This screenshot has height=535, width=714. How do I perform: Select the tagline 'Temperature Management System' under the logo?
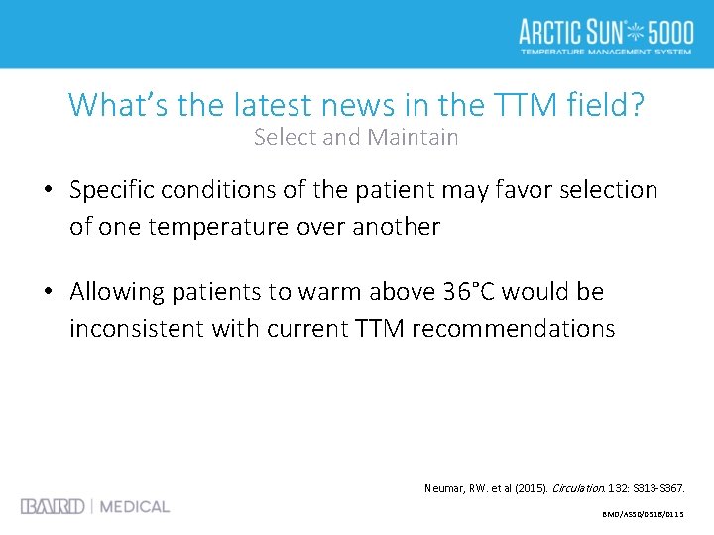click(x=605, y=51)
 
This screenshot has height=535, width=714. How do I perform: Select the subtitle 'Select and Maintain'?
click(x=356, y=137)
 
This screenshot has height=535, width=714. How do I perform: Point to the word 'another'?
click(x=393, y=227)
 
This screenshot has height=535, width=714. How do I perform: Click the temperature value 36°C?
click(x=471, y=292)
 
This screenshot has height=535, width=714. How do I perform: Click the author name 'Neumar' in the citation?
click(x=446, y=489)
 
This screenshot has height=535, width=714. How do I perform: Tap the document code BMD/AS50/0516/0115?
click(x=644, y=515)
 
